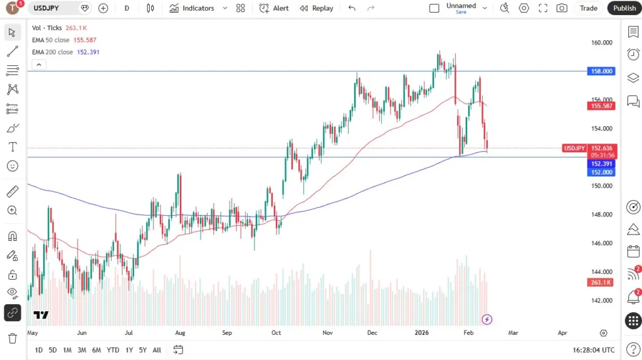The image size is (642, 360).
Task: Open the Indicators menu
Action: pos(192,8)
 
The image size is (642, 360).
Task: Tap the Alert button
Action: pos(274,8)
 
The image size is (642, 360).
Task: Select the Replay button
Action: pos(317,8)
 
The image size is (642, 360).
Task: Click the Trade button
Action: pos(588,8)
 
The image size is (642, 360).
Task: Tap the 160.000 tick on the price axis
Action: pos(601,43)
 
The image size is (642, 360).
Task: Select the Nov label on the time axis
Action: pos(327,333)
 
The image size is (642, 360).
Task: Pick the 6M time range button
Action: pos(97,350)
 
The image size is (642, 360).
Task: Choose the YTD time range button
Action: pos(113,350)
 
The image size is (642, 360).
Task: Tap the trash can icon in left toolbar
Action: pos(12,339)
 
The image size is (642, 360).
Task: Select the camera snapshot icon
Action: pos(562,8)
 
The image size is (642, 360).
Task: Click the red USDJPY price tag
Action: pos(574,148)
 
